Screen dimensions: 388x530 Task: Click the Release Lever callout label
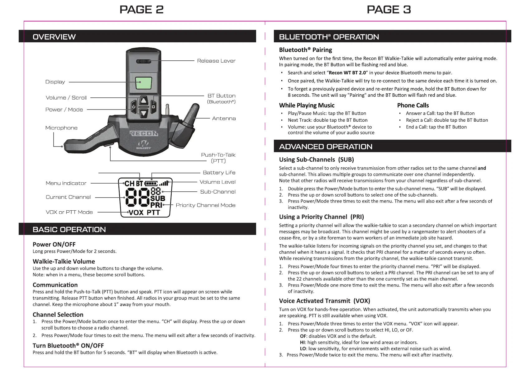coord(216,61)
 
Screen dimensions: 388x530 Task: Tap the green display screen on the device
coord(143,83)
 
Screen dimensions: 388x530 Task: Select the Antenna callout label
coord(224,119)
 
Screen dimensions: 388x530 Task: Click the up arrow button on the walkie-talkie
coord(143,101)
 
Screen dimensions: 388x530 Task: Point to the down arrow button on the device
coord(143,113)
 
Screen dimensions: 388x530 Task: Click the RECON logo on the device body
coord(144,133)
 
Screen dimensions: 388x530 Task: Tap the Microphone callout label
coord(61,128)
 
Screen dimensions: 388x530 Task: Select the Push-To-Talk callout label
coord(218,158)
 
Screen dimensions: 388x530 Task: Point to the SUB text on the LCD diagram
coord(158,198)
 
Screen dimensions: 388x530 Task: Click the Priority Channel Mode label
coord(205,205)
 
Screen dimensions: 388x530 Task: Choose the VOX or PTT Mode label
coord(69,212)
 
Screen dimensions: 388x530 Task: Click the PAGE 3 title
coord(389,10)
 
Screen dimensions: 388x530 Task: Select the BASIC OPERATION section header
coord(69,230)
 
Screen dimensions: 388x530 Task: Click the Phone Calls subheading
coord(413,105)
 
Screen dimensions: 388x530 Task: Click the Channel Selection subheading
coord(58,315)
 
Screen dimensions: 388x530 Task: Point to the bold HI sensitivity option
coord(302,342)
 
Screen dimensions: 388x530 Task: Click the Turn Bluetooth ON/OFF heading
coord(68,346)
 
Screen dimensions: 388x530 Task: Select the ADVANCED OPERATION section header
coord(326,147)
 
